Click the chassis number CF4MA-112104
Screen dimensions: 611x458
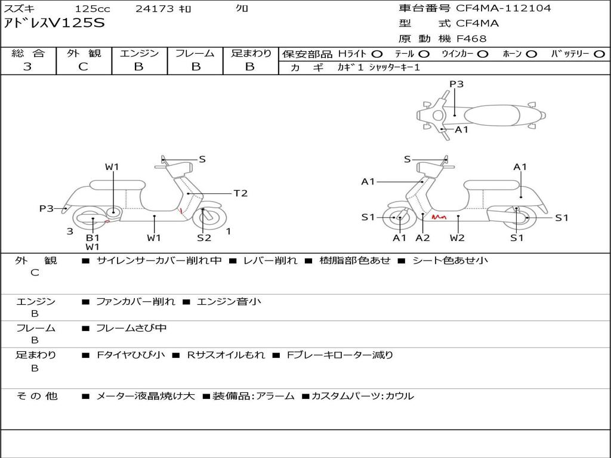(x=504, y=8)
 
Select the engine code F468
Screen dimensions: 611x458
(x=471, y=39)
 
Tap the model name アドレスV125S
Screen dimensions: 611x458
(x=54, y=23)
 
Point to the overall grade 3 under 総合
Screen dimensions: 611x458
(x=27, y=67)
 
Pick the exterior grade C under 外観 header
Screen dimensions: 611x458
(x=84, y=67)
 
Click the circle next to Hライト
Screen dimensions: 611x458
(x=377, y=54)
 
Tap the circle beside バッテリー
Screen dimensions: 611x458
(x=599, y=54)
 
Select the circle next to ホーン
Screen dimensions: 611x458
(x=532, y=54)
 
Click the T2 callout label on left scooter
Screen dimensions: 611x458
(x=240, y=193)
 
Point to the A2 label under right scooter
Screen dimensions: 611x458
(x=422, y=238)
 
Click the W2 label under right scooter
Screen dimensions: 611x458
(x=457, y=238)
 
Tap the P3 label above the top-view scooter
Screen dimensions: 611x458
(x=456, y=84)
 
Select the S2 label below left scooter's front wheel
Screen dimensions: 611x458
(x=204, y=238)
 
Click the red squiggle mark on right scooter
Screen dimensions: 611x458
(x=439, y=217)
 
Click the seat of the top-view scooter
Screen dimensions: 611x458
(x=492, y=116)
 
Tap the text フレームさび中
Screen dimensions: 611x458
(x=131, y=329)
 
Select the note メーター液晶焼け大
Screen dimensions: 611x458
(x=146, y=396)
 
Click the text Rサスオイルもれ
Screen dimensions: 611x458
(x=226, y=355)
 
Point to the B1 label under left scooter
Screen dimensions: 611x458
(x=92, y=238)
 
